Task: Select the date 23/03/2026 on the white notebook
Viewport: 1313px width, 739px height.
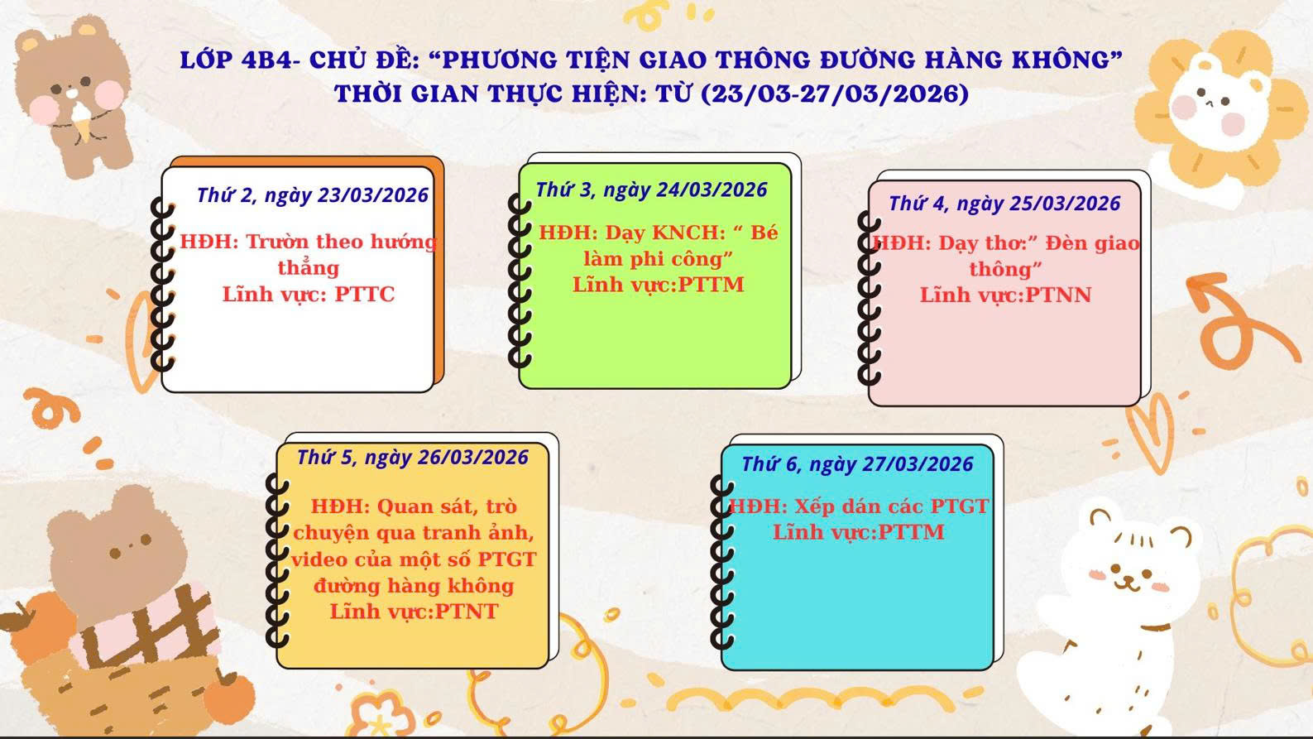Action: (373, 195)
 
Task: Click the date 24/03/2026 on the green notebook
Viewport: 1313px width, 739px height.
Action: (712, 190)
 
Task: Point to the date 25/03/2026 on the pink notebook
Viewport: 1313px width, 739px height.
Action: (1065, 204)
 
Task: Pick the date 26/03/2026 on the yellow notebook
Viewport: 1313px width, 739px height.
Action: (473, 458)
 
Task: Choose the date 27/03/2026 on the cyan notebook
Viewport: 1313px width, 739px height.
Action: (918, 464)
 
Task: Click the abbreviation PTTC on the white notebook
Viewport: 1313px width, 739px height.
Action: (365, 295)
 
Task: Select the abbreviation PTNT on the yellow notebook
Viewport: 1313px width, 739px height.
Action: (467, 612)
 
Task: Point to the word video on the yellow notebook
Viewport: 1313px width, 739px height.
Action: (319, 559)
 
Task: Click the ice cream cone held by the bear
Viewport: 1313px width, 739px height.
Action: (81, 120)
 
